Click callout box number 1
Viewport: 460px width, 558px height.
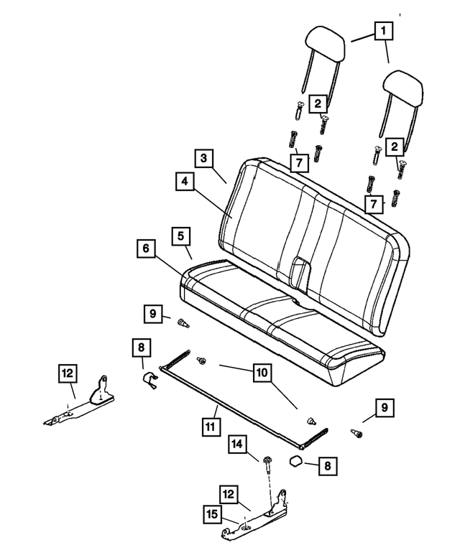click(383, 31)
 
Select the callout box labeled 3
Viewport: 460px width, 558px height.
click(204, 158)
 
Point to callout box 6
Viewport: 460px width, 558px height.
click(145, 248)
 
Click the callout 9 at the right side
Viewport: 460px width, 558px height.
click(383, 409)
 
